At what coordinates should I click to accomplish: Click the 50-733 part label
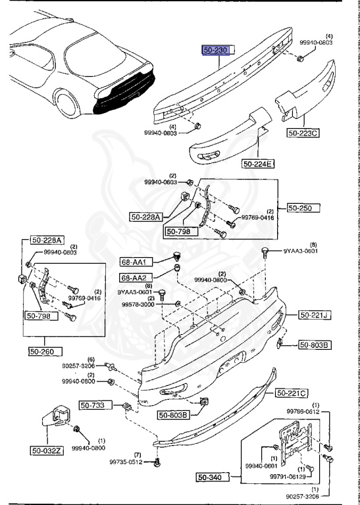click(97, 405)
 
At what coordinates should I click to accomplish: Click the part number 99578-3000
click(137, 305)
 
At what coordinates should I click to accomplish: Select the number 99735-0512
click(126, 462)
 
